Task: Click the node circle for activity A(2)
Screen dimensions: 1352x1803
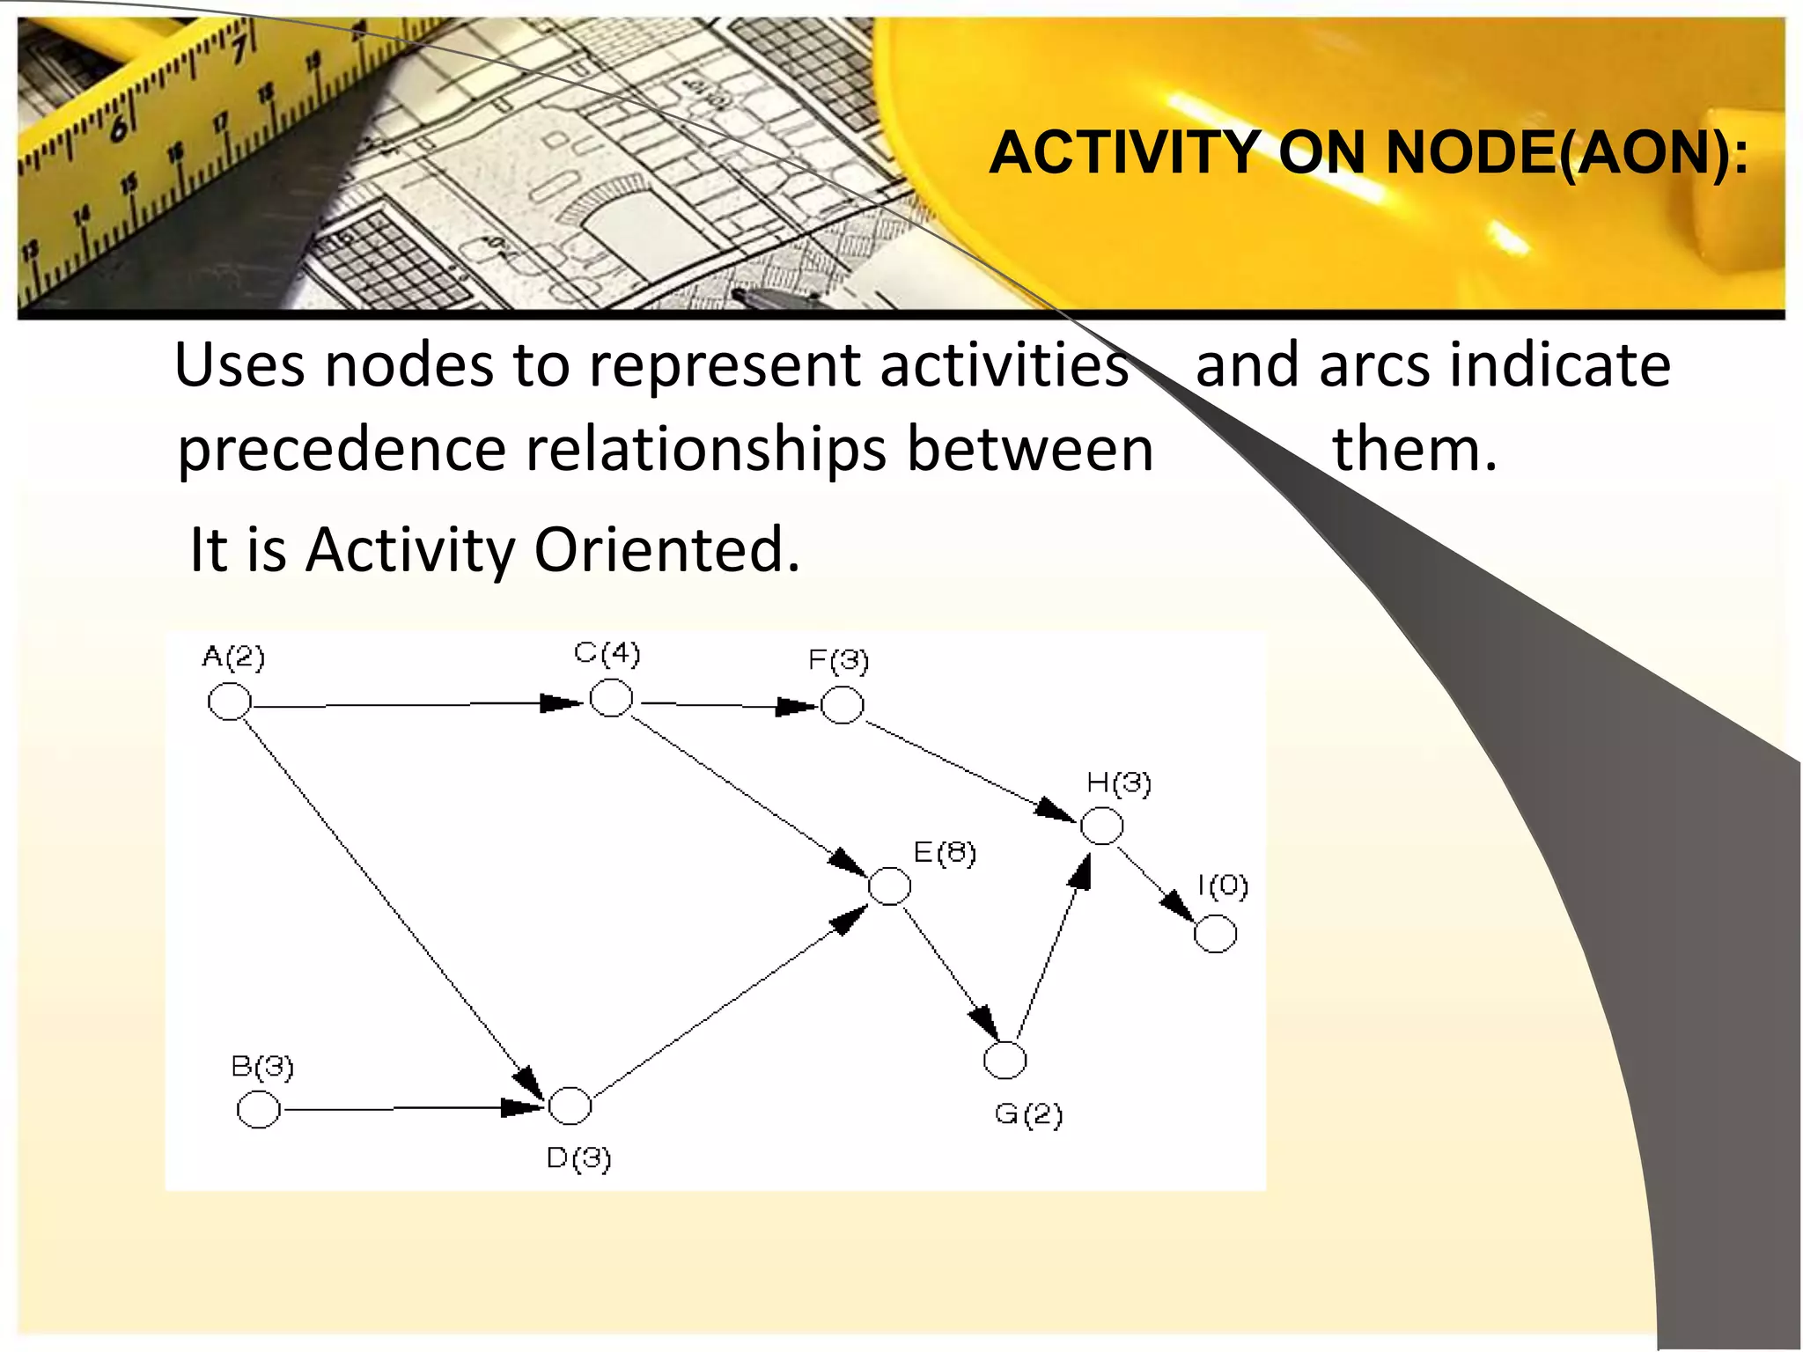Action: point(229,702)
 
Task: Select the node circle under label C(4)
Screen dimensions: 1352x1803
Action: point(610,699)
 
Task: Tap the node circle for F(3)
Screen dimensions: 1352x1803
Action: point(842,705)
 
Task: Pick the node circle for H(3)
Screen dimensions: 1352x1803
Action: point(1101,826)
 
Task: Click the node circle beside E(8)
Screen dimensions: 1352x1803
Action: point(889,885)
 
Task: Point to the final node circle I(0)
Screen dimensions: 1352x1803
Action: point(1215,933)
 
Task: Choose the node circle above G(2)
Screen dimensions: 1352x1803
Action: point(1005,1060)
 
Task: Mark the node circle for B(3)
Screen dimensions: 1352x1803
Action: point(259,1109)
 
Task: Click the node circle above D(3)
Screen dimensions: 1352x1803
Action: point(570,1106)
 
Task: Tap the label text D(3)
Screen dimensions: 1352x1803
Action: point(578,1158)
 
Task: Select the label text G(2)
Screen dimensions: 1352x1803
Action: point(1028,1115)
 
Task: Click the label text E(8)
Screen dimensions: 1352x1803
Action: point(945,853)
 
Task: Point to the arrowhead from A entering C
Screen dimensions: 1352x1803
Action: point(562,702)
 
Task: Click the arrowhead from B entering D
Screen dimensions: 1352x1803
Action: point(521,1107)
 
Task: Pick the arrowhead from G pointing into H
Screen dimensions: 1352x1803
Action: point(1080,871)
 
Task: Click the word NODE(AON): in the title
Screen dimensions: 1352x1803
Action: point(1566,153)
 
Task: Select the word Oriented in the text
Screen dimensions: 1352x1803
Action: point(666,550)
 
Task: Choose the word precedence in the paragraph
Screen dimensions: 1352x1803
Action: point(342,450)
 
